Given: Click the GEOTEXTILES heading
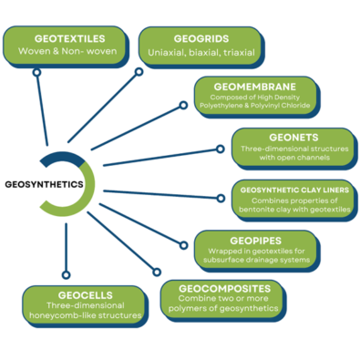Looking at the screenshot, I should tap(68, 40).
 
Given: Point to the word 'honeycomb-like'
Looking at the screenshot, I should tap(67, 316).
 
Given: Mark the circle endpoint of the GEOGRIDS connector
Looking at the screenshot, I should tap(139, 71).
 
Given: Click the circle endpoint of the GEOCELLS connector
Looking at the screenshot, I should tap(64, 273).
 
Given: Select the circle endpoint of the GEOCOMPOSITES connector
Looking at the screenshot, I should tap(157, 272).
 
